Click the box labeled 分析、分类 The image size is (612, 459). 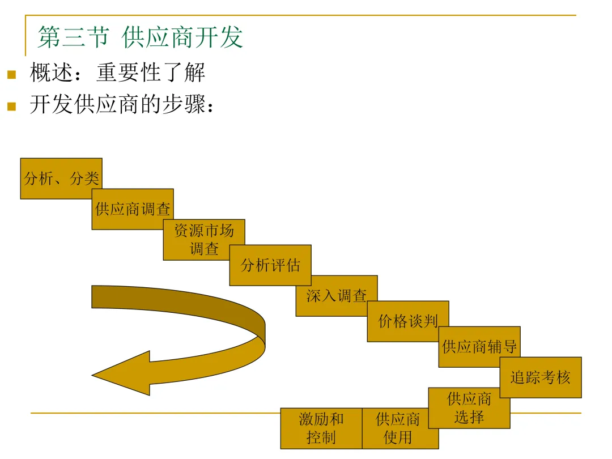[61, 178]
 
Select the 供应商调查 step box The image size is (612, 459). [133, 209]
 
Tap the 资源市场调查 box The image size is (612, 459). [204, 239]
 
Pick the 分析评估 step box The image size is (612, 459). [270, 265]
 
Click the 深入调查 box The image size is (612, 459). [337, 296]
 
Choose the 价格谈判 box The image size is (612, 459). [408, 321]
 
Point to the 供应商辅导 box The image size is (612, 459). [479, 347]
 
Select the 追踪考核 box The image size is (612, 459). [541, 377]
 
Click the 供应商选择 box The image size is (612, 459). [469, 408]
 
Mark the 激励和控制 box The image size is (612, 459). [321, 428]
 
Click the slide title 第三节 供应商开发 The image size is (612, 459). [141, 37]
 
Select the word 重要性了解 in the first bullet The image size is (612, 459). [150, 73]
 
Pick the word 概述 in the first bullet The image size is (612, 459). [52, 73]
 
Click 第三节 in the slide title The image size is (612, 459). [73, 37]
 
